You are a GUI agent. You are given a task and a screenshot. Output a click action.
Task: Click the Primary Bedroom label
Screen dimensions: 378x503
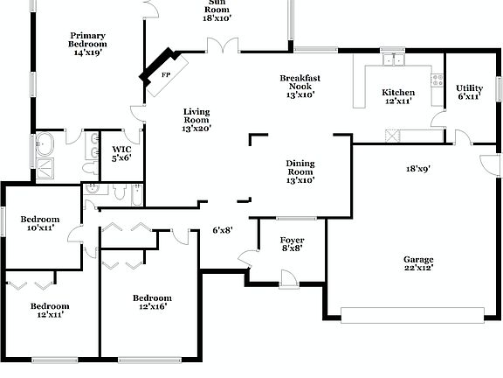87,44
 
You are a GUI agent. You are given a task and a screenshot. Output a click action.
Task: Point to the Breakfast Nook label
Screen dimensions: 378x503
296,86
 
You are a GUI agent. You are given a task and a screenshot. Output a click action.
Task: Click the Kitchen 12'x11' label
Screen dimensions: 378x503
397,97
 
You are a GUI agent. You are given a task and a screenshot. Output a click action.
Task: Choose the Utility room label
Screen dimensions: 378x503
469,92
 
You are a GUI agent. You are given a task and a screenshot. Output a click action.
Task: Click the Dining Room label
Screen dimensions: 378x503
300,171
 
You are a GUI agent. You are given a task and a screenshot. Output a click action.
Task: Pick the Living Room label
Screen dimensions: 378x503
197,120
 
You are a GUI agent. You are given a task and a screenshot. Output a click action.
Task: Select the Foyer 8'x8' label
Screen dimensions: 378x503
292,243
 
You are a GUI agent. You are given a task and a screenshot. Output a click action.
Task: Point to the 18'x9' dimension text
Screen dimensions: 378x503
417,168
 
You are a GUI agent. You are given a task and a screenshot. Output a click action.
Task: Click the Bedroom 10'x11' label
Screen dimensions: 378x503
40,223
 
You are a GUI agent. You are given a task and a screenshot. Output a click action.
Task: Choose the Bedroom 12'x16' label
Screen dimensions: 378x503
152,302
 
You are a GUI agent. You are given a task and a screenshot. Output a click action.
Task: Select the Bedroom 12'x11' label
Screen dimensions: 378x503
50,311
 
